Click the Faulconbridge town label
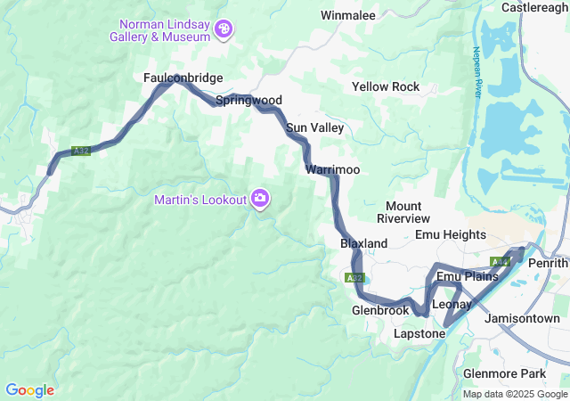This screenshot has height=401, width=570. coord(183,78)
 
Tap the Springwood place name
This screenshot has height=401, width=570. coord(248,101)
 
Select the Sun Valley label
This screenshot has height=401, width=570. coord(314,128)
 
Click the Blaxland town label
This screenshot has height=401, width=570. coord(363,243)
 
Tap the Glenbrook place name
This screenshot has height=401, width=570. coord(380,310)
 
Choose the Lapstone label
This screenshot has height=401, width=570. coord(419,333)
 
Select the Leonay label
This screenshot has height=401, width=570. coord(452,305)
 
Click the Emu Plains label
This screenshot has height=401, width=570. coord(461,277)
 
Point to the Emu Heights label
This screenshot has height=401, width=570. coord(451,235)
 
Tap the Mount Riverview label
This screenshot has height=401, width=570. coord(403,212)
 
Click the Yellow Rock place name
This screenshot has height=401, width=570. coord(386,87)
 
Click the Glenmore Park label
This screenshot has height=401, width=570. coord(505,372)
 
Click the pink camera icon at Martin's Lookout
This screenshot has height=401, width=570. coord(260,198)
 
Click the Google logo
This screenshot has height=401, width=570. coord(29,390)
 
